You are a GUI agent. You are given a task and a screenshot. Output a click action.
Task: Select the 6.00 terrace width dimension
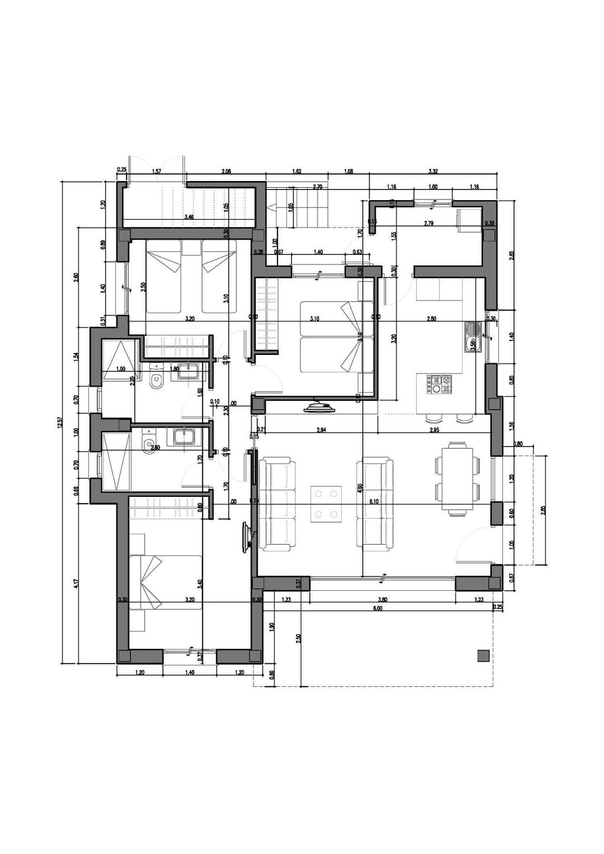click(x=377, y=608)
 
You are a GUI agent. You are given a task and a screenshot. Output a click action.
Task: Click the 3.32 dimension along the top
click(x=433, y=172)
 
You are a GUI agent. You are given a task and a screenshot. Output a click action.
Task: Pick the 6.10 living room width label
click(x=374, y=502)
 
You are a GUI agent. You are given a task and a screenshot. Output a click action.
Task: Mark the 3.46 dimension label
click(x=189, y=216)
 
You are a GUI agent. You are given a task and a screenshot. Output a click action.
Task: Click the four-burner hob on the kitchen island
click(x=440, y=385)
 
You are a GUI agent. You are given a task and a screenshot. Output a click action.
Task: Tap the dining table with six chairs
click(x=457, y=477)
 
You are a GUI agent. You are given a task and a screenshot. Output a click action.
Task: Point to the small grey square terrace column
click(x=483, y=656)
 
